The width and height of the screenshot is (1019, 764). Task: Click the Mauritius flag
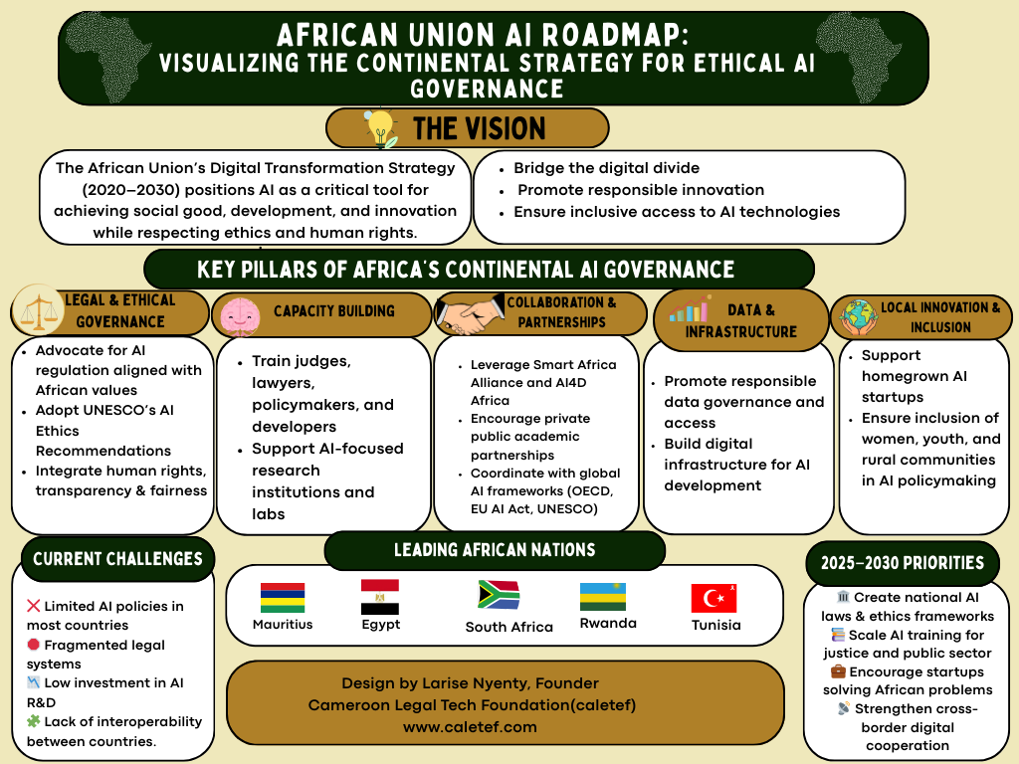(283, 598)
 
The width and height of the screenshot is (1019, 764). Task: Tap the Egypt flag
(380, 597)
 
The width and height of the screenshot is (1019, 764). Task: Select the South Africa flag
(499, 595)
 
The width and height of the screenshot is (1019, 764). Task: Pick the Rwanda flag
(603, 597)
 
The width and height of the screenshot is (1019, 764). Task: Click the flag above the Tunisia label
(713, 598)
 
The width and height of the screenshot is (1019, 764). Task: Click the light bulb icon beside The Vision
(381, 127)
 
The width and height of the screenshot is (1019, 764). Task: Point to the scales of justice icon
(39, 310)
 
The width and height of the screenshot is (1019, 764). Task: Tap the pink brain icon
(240, 316)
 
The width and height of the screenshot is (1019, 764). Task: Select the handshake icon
(471, 313)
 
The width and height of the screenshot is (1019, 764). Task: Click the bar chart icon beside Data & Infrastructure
(689, 309)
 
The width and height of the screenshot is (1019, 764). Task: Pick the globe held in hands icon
(858, 317)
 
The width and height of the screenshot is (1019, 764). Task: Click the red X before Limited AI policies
(34, 606)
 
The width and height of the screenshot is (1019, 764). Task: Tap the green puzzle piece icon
(34, 720)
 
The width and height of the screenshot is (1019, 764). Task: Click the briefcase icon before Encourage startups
(838, 670)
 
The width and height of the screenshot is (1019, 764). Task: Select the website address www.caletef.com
(470, 727)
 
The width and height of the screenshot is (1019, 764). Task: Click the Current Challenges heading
(117, 559)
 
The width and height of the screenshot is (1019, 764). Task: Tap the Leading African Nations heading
(495, 550)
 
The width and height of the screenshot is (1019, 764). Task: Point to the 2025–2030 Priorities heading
(902, 563)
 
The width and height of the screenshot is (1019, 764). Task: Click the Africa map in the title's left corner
(107, 56)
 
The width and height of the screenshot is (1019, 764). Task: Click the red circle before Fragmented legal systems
(34, 645)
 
